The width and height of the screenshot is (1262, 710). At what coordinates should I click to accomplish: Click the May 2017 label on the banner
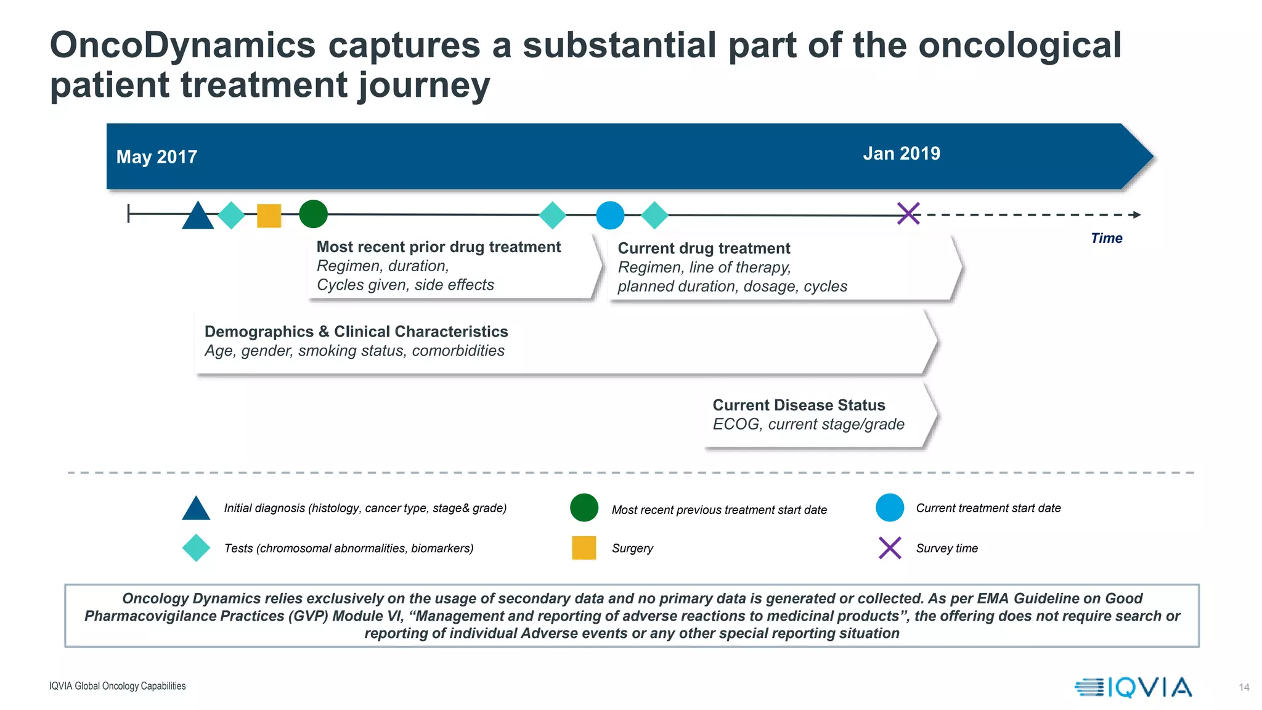tap(157, 157)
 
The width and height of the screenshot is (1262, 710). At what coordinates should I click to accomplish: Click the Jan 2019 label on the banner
tap(901, 153)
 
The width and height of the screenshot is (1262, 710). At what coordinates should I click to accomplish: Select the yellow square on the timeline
tap(269, 216)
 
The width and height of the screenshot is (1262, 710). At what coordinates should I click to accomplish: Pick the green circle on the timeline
tap(313, 214)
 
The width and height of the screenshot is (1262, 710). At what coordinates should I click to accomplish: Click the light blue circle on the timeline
tap(610, 216)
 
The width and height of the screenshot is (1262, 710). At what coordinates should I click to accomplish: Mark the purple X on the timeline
tap(908, 214)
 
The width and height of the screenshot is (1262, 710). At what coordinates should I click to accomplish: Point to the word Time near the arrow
tap(1106, 239)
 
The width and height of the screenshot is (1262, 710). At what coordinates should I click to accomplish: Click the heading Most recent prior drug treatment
tap(438, 247)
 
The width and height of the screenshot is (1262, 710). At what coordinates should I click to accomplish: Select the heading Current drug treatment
tap(704, 248)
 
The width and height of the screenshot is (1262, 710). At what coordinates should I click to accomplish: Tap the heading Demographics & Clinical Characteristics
tap(356, 332)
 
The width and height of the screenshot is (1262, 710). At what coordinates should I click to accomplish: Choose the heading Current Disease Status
tap(799, 405)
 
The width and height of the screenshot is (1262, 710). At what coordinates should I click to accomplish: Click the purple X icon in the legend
tap(890, 548)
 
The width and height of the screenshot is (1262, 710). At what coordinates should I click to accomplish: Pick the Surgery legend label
tap(632, 549)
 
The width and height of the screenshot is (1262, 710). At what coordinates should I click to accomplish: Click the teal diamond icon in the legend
tap(197, 548)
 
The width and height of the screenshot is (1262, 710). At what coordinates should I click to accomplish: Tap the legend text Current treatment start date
tap(988, 508)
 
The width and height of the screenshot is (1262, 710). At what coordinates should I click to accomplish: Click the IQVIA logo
tap(1133, 687)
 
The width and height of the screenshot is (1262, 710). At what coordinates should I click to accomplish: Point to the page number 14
tap(1244, 687)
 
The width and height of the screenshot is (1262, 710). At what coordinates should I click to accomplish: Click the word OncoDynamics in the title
tap(182, 45)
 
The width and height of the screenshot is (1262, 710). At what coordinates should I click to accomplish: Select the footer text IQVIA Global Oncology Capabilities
tap(118, 686)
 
